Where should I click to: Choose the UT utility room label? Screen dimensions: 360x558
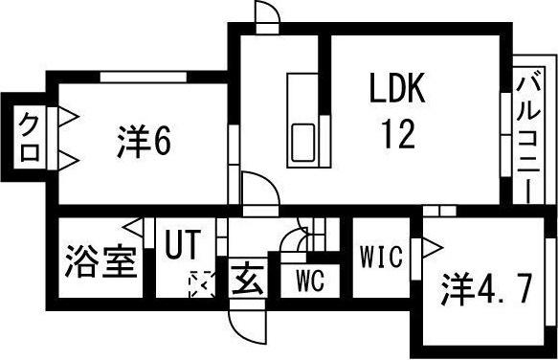tap(183, 244)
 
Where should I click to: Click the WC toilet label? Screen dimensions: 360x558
tap(309, 281)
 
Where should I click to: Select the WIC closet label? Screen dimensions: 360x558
tap(380, 257)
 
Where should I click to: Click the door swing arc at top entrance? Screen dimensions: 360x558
tap(267, 14)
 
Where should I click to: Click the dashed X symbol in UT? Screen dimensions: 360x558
tap(202, 284)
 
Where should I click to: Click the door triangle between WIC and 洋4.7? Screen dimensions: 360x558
tap(428, 249)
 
